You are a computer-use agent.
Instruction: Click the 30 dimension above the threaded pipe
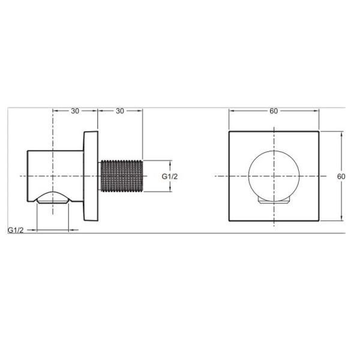[x=120, y=111]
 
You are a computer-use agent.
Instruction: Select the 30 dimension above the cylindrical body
[x=75, y=111]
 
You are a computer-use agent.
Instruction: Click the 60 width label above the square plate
[x=274, y=111]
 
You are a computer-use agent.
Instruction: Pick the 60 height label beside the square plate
[x=341, y=176]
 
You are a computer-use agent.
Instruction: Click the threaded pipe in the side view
[x=121, y=176]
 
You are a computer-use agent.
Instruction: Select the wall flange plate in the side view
[x=91, y=176]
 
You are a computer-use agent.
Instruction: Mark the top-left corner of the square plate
[x=229, y=131]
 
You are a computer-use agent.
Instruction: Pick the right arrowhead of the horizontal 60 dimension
[x=316, y=111]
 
